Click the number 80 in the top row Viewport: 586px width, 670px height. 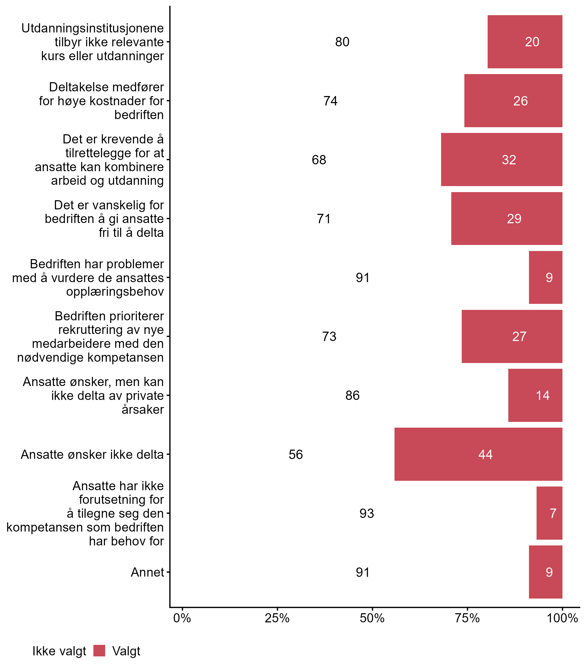[342, 42]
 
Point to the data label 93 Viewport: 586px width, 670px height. [367, 513]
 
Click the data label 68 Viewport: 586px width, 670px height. [319, 160]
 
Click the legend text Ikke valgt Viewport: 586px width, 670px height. [59, 651]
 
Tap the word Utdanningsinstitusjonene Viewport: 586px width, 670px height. [93, 29]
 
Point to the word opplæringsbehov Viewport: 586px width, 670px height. [115, 292]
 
